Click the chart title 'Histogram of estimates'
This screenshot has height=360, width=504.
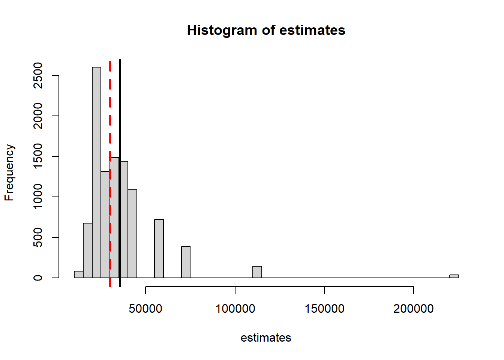click(266, 30)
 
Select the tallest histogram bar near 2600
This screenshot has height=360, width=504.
click(96, 172)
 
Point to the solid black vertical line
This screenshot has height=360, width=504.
click(120, 112)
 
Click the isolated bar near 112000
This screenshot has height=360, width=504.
click(257, 272)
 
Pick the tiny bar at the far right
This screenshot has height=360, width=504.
click(453, 276)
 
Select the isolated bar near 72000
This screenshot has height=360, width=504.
click(186, 262)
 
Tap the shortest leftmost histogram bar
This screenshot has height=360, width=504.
click(79, 274)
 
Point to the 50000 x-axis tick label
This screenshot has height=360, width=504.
click(145, 309)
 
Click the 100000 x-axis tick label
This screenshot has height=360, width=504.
click(235, 309)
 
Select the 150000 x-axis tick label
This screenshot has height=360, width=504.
click(324, 309)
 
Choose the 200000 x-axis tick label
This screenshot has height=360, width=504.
click(414, 309)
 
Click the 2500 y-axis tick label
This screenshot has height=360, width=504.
click(38, 75)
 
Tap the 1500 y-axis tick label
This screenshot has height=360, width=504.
click(38, 156)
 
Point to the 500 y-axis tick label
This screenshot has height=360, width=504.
click(38, 237)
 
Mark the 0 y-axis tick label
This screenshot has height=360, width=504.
click(38, 278)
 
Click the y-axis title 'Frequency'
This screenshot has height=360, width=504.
click(9, 172)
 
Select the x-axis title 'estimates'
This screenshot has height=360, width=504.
click(266, 338)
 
